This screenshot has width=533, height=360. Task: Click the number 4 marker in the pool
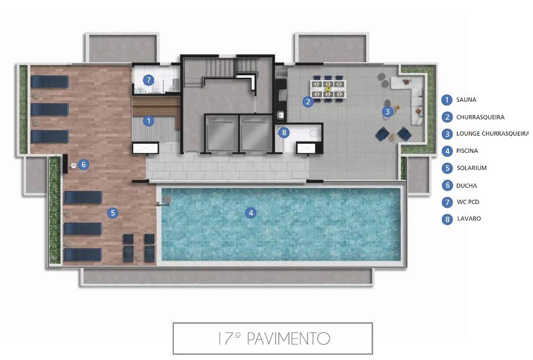[x=251, y=213]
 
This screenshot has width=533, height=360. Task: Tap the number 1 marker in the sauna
[x=149, y=121]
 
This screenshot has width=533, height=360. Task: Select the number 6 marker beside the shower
[x=83, y=165]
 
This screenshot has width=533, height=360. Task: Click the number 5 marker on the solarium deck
[x=112, y=213]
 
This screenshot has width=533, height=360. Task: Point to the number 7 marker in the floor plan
[x=149, y=80]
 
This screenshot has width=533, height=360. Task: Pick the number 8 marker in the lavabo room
[x=284, y=133]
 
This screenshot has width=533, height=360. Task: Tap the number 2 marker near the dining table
[x=308, y=102]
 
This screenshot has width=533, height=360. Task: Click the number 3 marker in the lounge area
[x=387, y=111]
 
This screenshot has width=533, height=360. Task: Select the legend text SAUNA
[x=466, y=100]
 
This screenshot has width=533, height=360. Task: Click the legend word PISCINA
[x=467, y=151]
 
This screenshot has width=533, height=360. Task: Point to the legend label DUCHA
[x=466, y=186]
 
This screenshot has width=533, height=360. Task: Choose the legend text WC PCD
[x=467, y=202]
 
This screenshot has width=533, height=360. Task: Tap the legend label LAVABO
[x=469, y=218]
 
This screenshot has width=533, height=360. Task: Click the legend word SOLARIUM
[x=471, y=168]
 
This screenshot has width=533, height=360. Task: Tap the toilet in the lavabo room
[x=315, y=132]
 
